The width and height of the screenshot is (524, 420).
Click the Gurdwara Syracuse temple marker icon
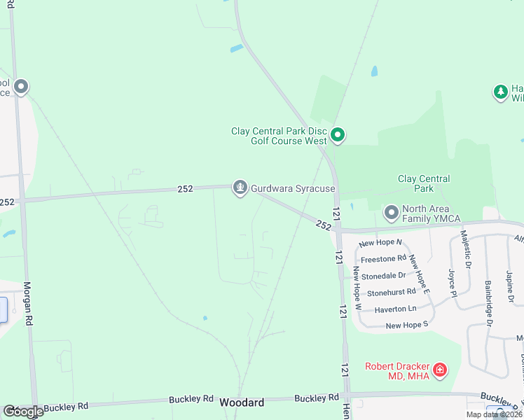(240, 188)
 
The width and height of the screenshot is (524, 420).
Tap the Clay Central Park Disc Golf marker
(338, 135)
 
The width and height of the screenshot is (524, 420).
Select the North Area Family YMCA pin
(391, 211)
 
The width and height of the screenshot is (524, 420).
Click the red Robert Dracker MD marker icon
(439, 369)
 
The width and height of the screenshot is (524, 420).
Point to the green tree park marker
(500, 92)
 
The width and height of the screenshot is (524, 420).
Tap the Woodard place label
(242, 402)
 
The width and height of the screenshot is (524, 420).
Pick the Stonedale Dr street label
(384, 276)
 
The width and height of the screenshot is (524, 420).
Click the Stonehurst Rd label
(391, 292)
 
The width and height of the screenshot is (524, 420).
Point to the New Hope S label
(406, 325)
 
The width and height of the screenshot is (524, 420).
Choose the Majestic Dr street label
(465, 251)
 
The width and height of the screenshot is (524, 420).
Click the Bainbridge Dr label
(488, 304)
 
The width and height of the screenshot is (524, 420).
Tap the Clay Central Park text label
(424, 183)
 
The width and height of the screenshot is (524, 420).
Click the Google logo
(23, 412)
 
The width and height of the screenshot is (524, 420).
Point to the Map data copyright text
(493, 414)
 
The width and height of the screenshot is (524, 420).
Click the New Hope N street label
(380, 243)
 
